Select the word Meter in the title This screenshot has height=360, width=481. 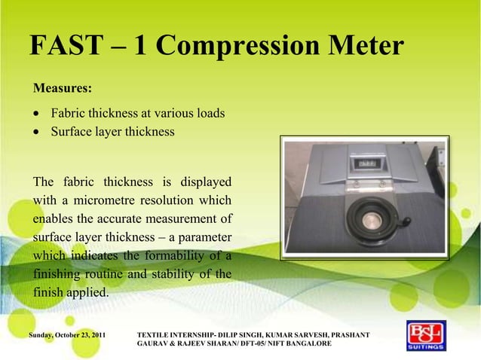pyautogui.click(x=362, y=47)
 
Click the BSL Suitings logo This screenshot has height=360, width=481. pyautogui.click(x=426, y=337)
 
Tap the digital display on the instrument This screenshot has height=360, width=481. pyautogui.click(x=366, y=163)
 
